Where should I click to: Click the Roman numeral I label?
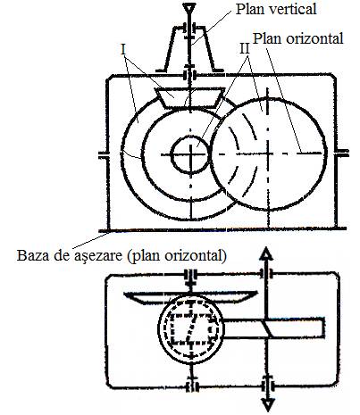[123, 50]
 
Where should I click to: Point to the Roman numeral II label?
[245, 49]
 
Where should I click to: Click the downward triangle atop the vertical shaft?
[189, 8]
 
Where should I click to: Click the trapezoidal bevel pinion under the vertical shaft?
[189, 97]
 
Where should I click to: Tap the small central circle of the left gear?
[190, 154]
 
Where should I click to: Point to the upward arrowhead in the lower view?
[267, 253]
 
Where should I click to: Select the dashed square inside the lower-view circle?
[191, 328]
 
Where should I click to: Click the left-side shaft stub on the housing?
[104, 154]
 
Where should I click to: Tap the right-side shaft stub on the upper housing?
[342, 154]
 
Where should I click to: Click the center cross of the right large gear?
[269, 154]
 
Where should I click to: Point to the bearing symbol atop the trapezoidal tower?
[189, 29]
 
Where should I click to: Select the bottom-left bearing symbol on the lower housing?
[192, 386]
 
